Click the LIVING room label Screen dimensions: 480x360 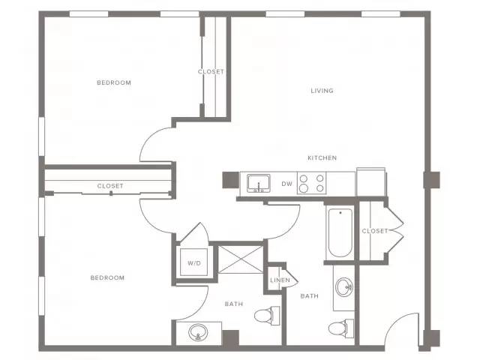(322, 91)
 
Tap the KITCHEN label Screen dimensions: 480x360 (322, 158)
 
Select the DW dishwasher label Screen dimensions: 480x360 (286, 184)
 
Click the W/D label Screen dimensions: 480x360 (194, 263)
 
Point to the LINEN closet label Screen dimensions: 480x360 (280, 280)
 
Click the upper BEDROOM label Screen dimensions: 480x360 (114, 82)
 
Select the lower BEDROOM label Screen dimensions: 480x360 (107, 277)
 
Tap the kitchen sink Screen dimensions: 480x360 (259, 183)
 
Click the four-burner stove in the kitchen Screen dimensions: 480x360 (312, 183)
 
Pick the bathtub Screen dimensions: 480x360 (340, 233)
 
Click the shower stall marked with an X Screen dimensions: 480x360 (241, 259)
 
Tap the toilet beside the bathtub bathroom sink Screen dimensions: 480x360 (341, 328)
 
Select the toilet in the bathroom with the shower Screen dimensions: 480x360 (267, 315)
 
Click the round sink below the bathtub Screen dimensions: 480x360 (344, 287)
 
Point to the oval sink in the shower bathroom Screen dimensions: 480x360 (198, 333)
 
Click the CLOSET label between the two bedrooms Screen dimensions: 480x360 (110, 186)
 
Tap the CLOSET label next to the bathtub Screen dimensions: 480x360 (375, 231)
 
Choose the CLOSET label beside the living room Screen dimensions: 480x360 (211, 72)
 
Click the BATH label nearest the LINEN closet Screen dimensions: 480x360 (310, 296)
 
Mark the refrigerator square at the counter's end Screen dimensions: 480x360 (370, 182)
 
